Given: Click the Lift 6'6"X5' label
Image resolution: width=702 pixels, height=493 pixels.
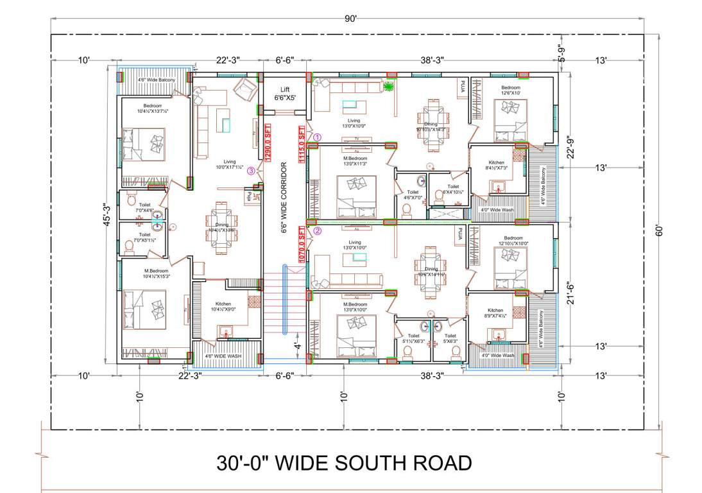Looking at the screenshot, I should pyautogui.click(x=284, y=94).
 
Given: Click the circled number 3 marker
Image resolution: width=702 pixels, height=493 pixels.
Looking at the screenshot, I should pyautogui.click(x=252, y=171).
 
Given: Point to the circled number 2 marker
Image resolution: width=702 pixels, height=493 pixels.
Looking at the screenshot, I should pyautogui.click(x=316, y=231).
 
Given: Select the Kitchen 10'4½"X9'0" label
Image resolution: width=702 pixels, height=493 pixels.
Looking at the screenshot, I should pyautogui.click(x=223, y=307).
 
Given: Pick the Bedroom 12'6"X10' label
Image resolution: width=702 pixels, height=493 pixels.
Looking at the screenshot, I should pyautogui.click(x=511, y=91).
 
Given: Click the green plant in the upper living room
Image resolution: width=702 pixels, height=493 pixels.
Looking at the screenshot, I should pyautogui.click(x=388, y=85).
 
